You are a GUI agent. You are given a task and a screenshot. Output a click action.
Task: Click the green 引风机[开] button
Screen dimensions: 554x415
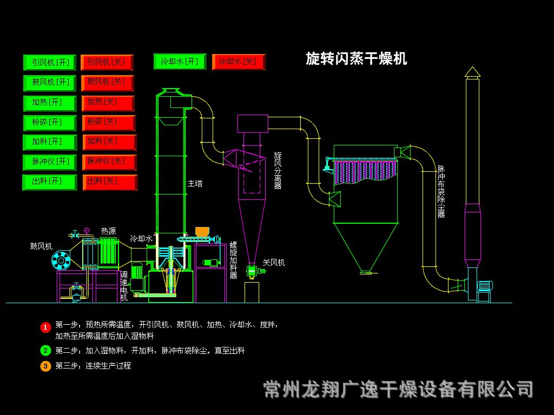coord(50,63)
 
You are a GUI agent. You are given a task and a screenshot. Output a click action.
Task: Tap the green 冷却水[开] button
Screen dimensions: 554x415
coord(180,62)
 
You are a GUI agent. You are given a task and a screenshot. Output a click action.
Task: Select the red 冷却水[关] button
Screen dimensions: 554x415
coord(239,62)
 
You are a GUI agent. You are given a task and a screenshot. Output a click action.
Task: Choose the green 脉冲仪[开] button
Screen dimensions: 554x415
coord(50,162)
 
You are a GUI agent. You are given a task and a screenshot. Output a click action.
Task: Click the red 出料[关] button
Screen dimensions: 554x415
coord(110,182)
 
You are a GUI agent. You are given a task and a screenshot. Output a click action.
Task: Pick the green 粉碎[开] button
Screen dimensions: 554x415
coord(50,123)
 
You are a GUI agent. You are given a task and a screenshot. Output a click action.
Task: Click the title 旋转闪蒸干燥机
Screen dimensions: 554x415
coord(356,58)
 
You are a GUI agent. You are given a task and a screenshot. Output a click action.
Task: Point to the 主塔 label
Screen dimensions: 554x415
coord(195,184)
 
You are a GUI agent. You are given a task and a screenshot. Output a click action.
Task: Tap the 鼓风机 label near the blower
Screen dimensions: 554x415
coord(41,246)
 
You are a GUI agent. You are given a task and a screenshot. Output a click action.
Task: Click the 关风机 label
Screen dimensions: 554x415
coord(274,263)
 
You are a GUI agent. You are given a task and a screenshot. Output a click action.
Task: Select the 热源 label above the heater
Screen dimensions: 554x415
coord(108,231)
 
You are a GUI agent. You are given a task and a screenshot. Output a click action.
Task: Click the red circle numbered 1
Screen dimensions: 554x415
coord(45,327)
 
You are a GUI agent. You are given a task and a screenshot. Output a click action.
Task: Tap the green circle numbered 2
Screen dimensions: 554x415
coord(45,351)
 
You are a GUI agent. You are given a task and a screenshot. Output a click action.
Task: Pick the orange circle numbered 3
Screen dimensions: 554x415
coord(45,366)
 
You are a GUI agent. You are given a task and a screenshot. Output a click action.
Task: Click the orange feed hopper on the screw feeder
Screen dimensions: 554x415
coord(202,232)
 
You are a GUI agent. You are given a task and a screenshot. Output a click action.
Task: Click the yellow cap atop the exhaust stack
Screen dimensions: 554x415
coord(472,72)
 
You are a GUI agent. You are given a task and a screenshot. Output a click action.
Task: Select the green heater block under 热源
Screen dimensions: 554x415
coord(109,252)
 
